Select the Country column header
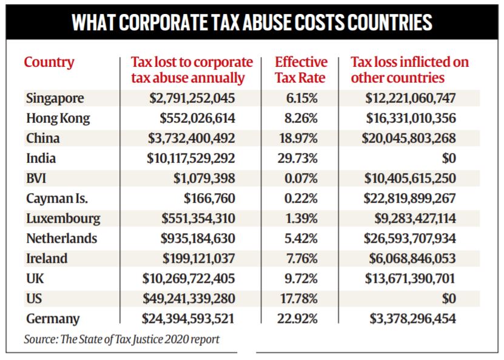(49, 63)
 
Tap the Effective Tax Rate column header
(301, 70)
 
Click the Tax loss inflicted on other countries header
(409, 70)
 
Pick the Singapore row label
(55, 98)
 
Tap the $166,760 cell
(210, 198)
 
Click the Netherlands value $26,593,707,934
(410, 238)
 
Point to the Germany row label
(53, 318)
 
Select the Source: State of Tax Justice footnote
(121, 339)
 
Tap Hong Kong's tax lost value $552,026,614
(198, 118)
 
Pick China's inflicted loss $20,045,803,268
(410, 138)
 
